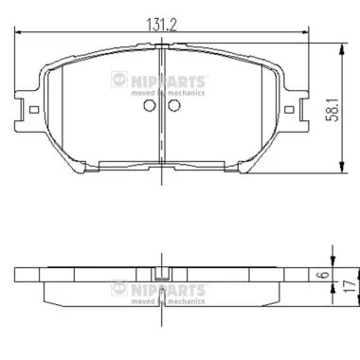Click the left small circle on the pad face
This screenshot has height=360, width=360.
click(148, 106)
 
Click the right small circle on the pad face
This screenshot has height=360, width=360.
click(173, 106)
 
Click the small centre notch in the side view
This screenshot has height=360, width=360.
click(160, 276)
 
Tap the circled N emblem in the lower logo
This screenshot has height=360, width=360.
click(119, 285)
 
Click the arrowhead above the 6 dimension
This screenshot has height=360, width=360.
click(333, 261)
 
